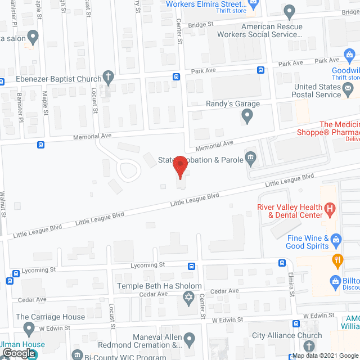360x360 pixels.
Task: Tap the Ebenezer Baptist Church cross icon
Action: tap(109, 78)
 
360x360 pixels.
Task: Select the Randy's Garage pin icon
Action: tap(246, 116)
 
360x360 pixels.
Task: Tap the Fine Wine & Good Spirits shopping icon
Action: tap(336, 239)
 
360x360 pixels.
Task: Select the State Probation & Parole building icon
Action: tap(251, 159)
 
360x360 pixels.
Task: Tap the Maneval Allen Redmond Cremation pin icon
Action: tap(190, 339)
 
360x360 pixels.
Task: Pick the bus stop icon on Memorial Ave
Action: tap(41, 145)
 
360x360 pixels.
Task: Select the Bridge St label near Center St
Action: tap(201, 25)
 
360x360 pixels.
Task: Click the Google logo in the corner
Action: tap(18, 353)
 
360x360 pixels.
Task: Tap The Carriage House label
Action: tap(51, 317)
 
